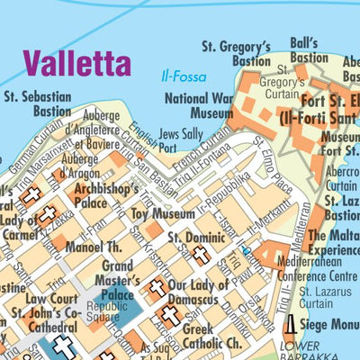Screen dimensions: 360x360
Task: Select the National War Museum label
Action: click(x=199, y=107)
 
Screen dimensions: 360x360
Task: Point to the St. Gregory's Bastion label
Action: click(x=236, y=53)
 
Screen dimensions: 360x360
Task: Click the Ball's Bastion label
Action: click(x=309, y=50)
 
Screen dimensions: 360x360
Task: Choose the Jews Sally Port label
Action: click(x=180, y=140)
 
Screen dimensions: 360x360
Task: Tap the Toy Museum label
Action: click(x=162, y=215)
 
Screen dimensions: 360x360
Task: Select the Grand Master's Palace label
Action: click(x=117, y=280)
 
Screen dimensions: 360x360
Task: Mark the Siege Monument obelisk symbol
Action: click(x=291, y=324)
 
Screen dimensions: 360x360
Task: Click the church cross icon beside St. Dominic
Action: click(x=201, y=255)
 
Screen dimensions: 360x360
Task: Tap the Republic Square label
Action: click(x=104, y=310)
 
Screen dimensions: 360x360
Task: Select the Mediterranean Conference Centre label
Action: click(x=310, y=270)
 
